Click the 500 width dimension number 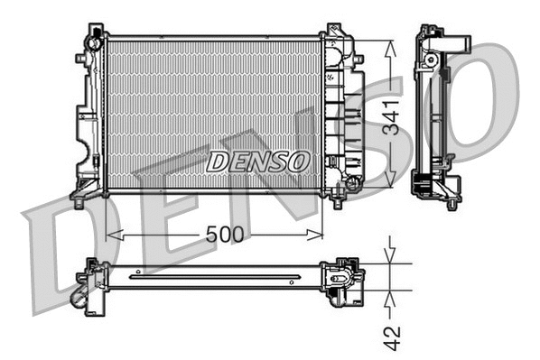pyautogui.click(x=223, y=234)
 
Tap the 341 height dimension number pyautogui.click(x=390, y=115)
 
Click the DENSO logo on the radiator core pyautogui.click(x=257, y=162)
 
